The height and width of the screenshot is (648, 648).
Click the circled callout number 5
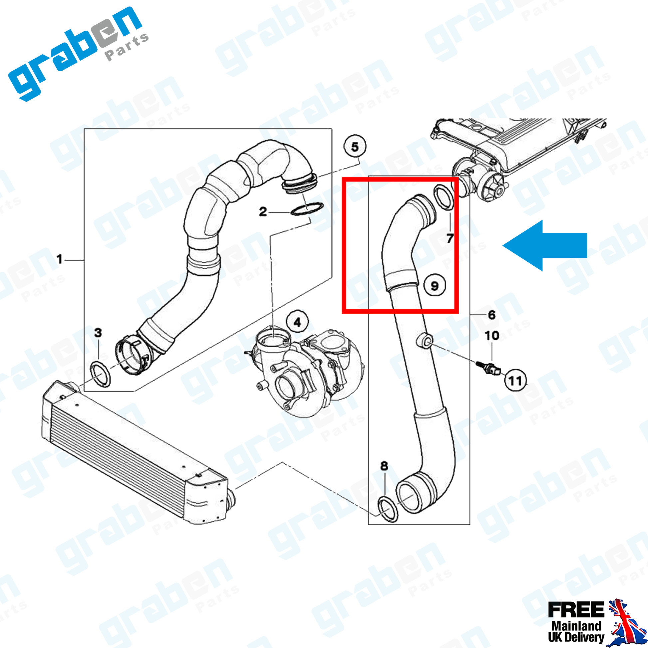tap(355, 147)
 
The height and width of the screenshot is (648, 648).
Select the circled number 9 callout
tap(435, 285)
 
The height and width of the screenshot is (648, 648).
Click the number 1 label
tap(60, 259)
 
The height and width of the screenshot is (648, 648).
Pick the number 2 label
tap(263, 212)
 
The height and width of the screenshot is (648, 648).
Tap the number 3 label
tap(98, 333)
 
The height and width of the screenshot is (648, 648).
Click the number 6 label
tap(492, 315)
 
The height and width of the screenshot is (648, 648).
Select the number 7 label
tap(450, 238)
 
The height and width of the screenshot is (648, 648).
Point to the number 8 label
tap(384, 466)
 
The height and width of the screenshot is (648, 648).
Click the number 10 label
tap(492, 335)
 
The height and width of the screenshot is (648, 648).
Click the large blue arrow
tap(545, 245)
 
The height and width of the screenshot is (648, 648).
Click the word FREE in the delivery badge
tap(576, 610)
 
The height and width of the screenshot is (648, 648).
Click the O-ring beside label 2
tap(307, 209)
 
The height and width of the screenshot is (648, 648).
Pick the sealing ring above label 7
tap(444, 197)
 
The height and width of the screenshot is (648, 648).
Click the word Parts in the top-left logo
tap(127, 47)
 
